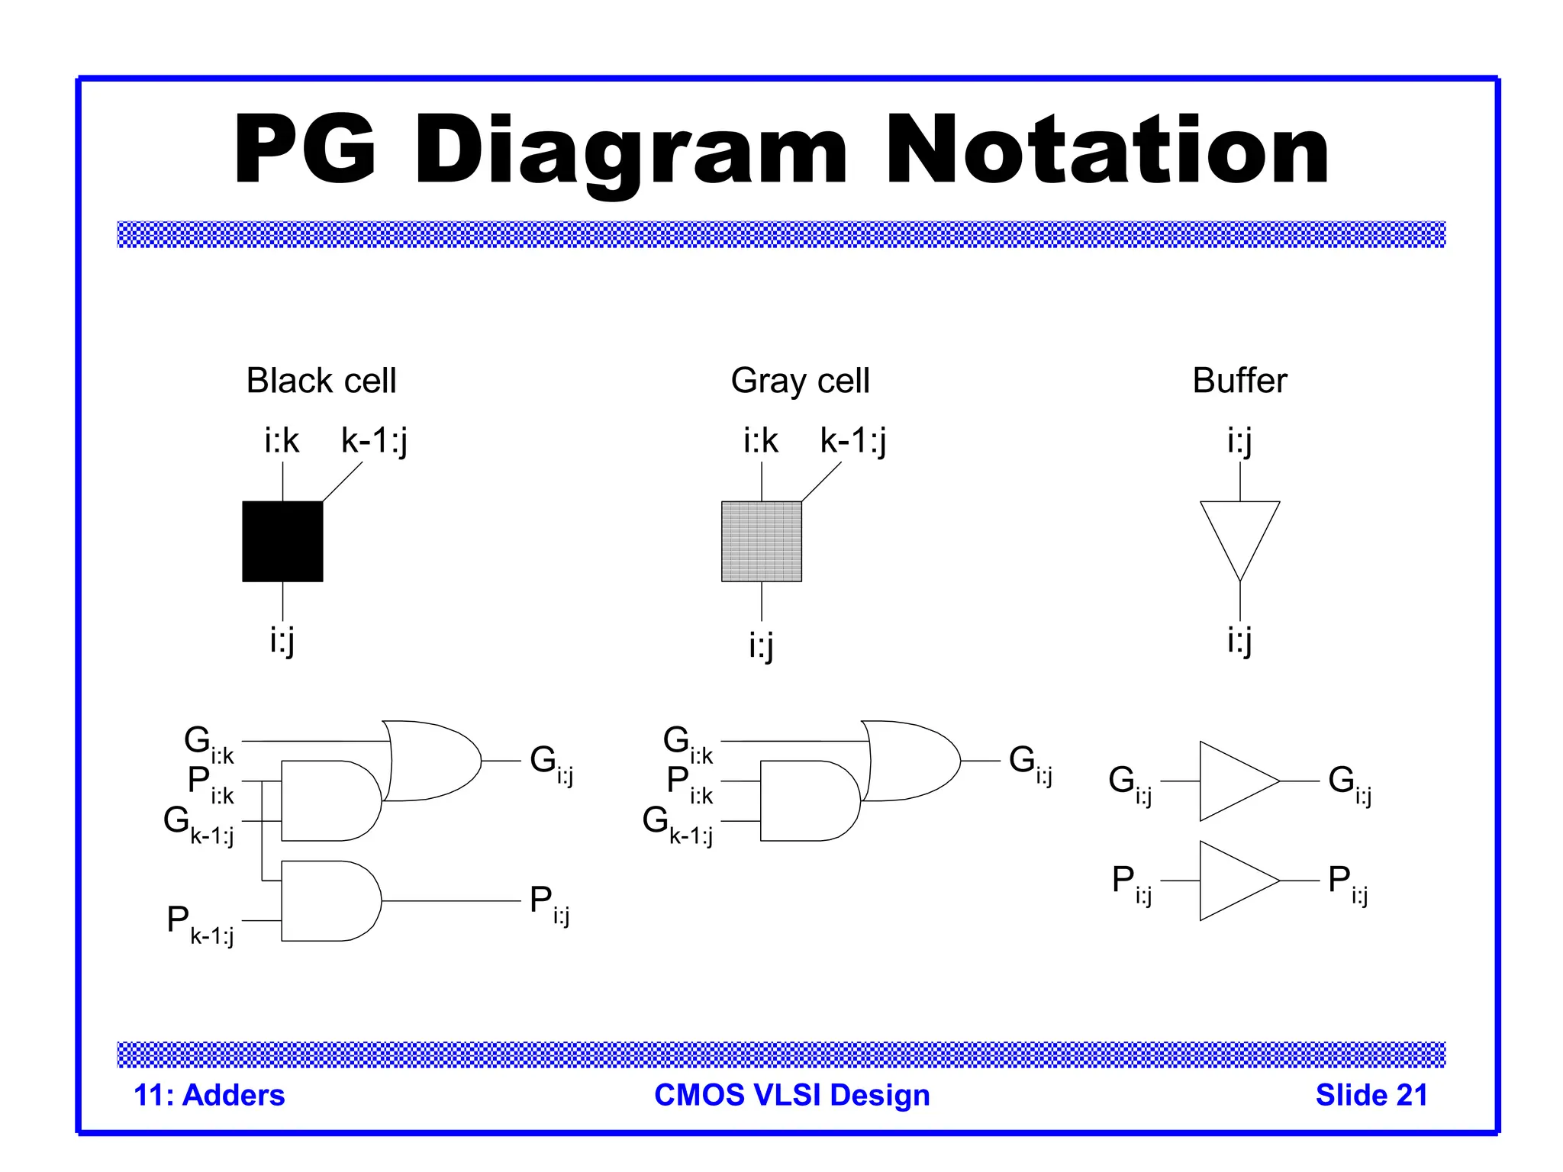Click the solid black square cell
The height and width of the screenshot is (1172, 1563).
[x=282, y=541]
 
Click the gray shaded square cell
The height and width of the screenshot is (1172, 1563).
[x=761, y=541]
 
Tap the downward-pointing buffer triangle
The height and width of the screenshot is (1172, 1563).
[x=1239, y=534]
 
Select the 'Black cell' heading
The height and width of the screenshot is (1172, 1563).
[x=321, y=380]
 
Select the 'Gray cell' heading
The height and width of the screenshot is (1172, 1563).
[x=800, y=380]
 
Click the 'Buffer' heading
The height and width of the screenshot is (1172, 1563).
[x=1239, y=380]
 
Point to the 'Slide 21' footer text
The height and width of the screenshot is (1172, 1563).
[x=1371, y=1095]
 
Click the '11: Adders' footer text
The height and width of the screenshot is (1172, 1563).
[x=209, y=1095]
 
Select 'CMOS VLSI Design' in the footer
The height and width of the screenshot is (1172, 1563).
[x=792, y=1095]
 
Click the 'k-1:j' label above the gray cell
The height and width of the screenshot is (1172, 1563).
[x=853, y=441]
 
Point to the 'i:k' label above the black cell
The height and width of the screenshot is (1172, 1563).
[x=282, y=441]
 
